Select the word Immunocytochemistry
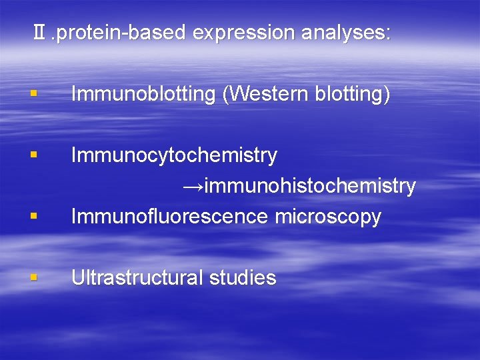174,156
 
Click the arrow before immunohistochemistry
193,186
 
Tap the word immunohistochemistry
310,186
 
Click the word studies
243,278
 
